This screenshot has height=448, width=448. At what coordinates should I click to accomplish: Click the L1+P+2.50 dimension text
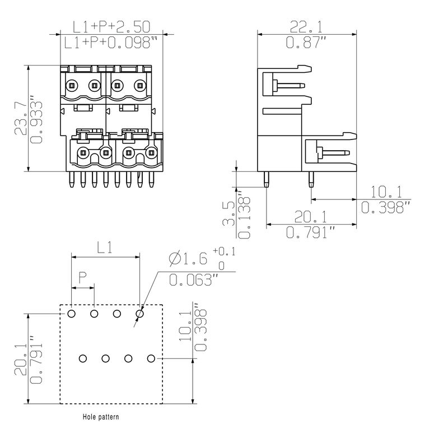coord(111,26)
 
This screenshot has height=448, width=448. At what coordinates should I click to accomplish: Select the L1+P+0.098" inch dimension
coord(111,42)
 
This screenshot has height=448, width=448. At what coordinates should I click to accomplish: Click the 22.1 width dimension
coord(306,26)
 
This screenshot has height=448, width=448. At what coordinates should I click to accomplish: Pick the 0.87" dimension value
coord(306,42)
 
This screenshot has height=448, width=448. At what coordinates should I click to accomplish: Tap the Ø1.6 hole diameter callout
coord(188,258)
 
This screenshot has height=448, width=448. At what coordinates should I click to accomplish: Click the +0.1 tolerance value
coord(225,252)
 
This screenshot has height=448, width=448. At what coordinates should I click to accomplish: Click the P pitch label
coord(82,276)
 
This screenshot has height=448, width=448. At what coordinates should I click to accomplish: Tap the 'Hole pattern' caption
coord(101,417)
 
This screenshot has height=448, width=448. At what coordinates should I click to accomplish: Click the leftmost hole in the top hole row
coord(72,314)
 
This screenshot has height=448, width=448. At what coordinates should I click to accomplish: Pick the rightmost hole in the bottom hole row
coord(151,358)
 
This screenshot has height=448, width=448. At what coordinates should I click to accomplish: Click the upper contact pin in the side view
coord(288,86)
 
